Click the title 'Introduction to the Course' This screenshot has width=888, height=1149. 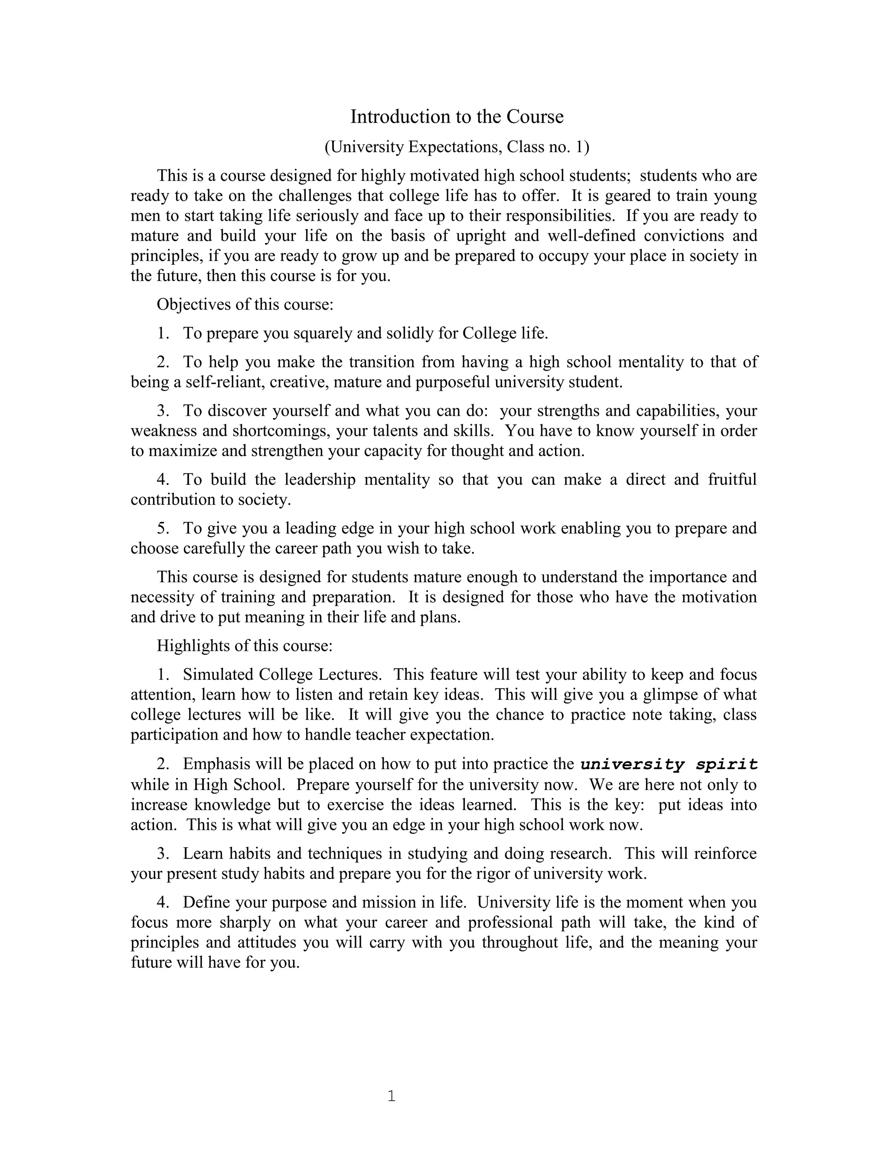pos(457,117)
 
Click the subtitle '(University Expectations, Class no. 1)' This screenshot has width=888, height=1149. pos(457,147)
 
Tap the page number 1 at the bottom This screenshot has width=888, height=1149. pos(391,1096)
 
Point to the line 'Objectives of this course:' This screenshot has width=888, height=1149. pos(245,305)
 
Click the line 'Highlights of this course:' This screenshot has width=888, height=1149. pos(245,646)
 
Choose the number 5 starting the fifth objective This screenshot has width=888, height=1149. pos(162,528)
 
